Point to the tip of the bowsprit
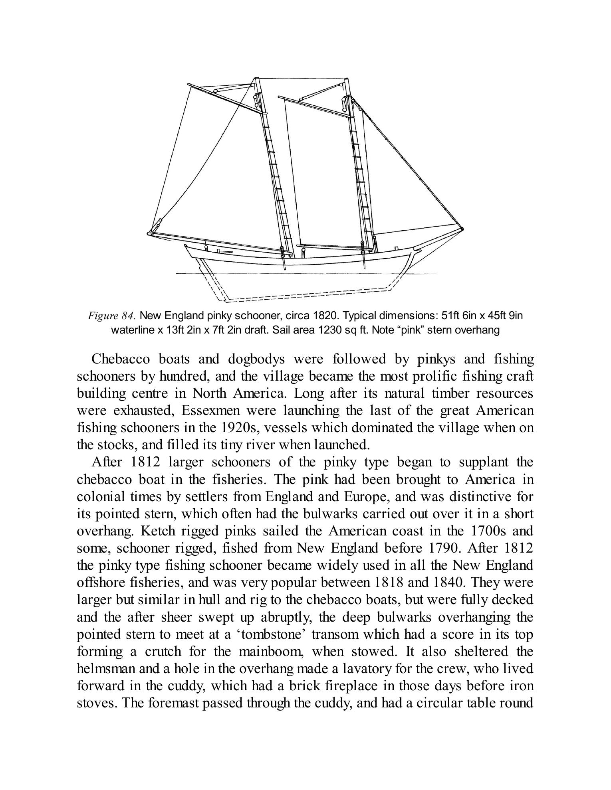coord(462,229)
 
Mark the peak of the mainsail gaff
coord(189,84)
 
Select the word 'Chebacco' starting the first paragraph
coord(121,359)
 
